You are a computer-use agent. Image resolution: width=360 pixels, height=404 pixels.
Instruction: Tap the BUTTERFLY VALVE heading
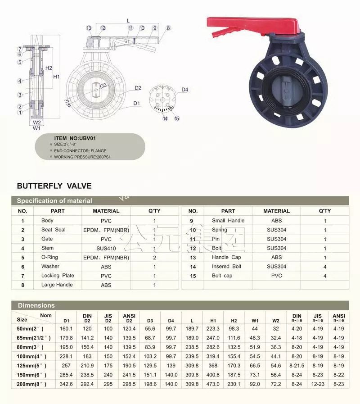(54, 186)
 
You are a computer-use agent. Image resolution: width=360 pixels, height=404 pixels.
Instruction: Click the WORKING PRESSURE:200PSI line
(82, 157)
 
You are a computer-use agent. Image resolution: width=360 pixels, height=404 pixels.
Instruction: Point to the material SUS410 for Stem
(106, 248)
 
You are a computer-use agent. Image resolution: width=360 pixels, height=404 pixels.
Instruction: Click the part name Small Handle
(228, 221)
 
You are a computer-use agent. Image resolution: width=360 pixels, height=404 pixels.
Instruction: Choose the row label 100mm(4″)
(34, 356)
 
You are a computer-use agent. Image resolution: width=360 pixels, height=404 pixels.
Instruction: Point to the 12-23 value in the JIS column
(318, 384)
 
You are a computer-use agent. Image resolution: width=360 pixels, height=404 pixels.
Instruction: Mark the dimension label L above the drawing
(128, 21)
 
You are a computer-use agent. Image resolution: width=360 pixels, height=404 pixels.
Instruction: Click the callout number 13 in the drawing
(89, 28)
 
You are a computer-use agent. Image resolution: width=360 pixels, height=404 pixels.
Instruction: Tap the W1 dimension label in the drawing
(37, 128)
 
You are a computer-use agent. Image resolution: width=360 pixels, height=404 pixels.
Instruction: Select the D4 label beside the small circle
(184, 90)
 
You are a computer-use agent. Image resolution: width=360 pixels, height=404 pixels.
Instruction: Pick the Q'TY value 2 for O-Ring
(154, 258)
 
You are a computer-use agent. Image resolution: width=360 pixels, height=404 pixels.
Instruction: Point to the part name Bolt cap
(222, 276)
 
